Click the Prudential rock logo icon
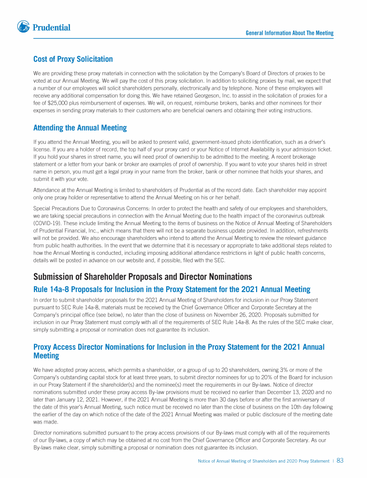[x=23, y=27]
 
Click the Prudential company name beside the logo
[x=52, y=28]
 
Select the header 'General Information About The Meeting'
[x=290, y=33]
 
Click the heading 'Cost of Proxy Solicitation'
[x=73, y=59]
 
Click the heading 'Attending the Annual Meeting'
[x=80, y=128]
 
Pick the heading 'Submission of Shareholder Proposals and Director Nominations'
[x=142, y=277]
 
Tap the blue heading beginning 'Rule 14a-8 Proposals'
[x=172, y=289]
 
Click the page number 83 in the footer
[x=340, y=461]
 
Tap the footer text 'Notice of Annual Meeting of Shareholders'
[x=238, y=461]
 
